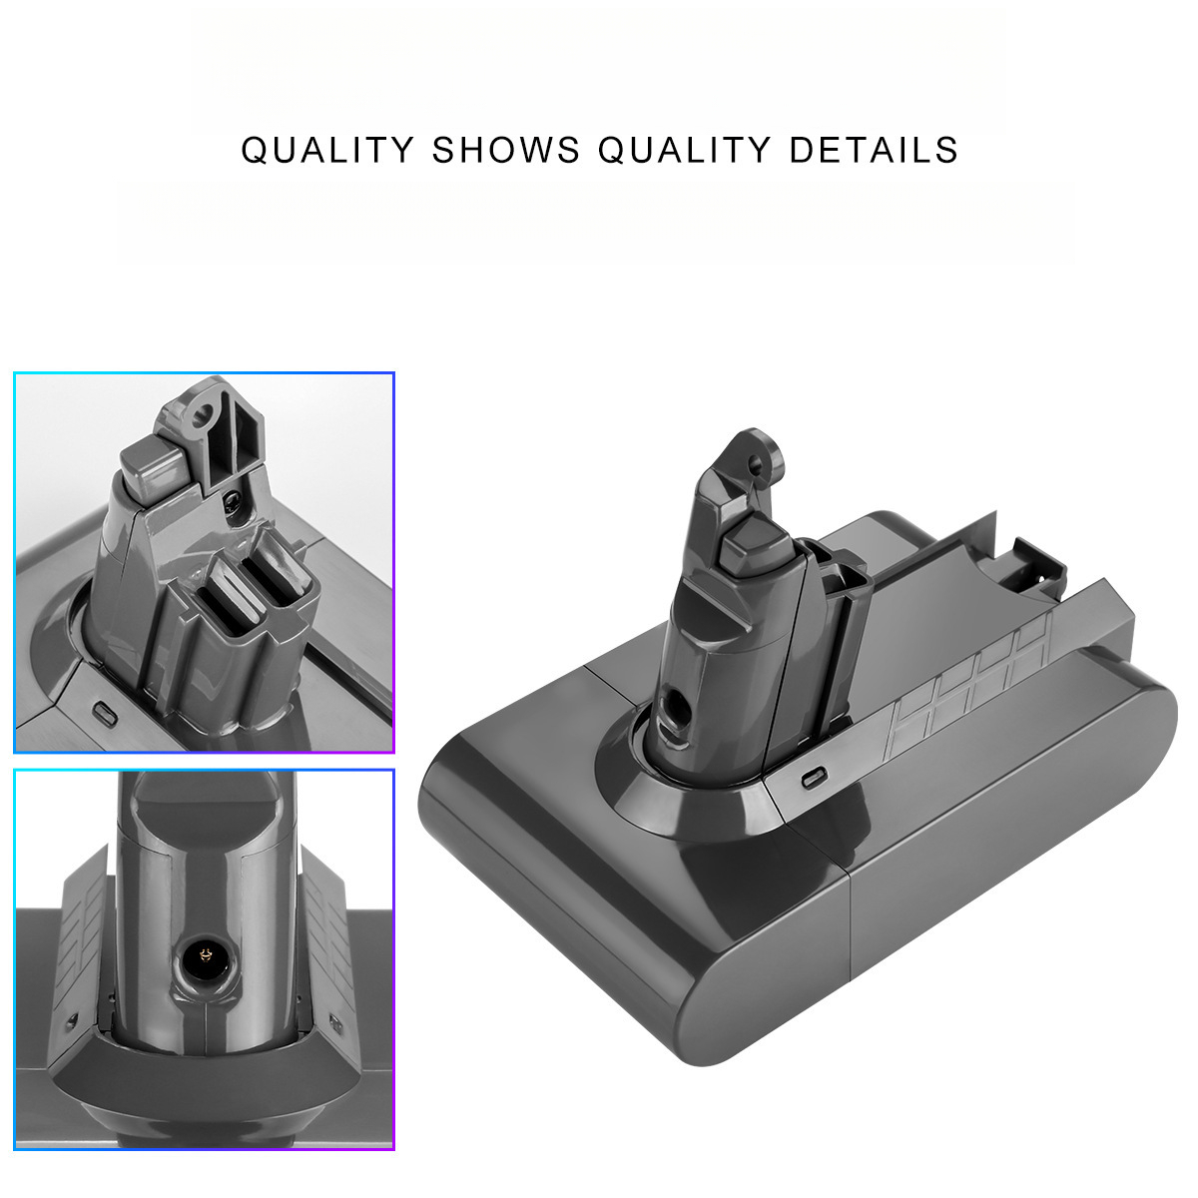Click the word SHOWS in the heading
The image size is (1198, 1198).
[506, 150]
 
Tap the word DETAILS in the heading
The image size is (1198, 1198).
[874, 150]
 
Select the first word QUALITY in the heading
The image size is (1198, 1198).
[327, 150]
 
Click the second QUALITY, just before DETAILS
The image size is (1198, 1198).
[684, 150]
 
